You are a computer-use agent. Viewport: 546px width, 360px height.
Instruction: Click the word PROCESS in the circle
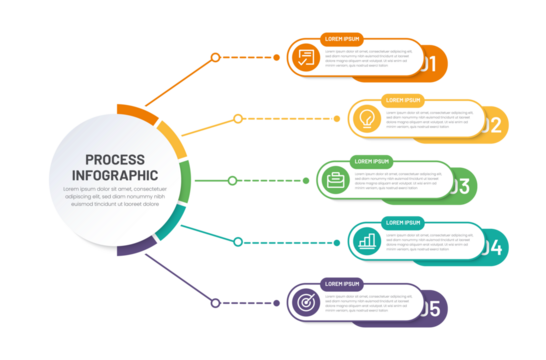[114, 159]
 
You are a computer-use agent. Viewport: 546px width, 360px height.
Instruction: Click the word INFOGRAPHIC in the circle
[114, 175]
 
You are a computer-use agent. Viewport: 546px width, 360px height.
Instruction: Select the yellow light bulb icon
[365, 118]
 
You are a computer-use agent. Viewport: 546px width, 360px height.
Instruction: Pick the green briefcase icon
[335, 180]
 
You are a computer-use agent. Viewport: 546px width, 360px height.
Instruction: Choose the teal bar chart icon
[367, 240]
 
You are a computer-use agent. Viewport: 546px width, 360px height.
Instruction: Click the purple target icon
[304, 301]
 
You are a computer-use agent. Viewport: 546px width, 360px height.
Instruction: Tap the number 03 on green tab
[459, 186]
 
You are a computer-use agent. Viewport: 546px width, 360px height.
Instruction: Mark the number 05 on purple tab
[429, 308]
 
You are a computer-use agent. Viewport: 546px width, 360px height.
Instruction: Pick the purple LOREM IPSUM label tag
[340, 284]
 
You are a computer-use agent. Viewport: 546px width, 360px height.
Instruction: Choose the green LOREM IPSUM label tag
[371, 161]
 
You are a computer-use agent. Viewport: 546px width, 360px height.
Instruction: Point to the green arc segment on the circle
[185, 181]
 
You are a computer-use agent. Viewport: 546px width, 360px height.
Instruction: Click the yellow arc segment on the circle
[174, 141]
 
